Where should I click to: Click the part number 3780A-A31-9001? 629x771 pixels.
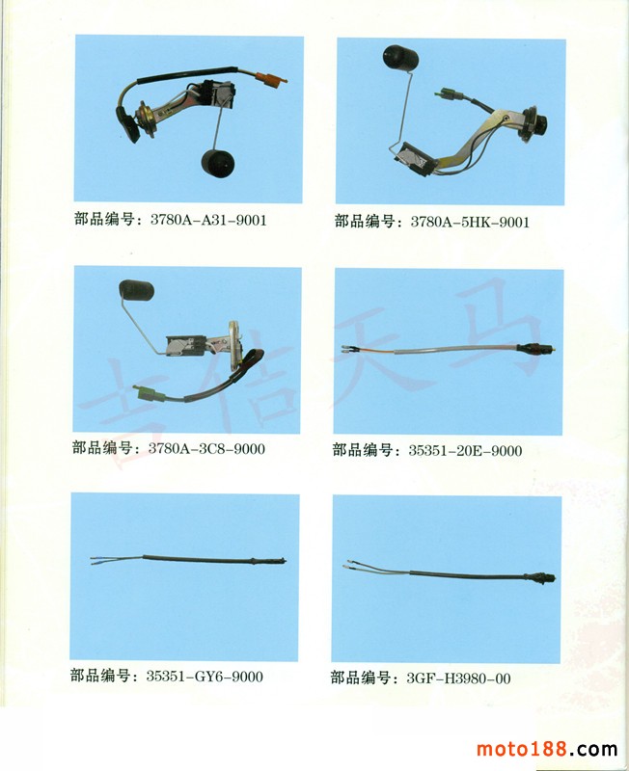point(208,220)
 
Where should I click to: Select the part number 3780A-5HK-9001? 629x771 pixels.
point(470,222)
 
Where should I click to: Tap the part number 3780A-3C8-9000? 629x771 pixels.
point(206,448)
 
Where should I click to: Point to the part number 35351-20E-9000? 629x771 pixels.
point(465,450)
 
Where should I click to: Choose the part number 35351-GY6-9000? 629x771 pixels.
point(205,677)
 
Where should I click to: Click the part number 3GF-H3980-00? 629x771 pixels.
point(458,678)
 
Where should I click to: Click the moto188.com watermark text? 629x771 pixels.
point(547,749)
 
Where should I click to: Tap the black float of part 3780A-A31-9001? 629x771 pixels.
point(218,163)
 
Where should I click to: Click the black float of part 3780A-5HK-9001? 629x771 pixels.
point(400,57)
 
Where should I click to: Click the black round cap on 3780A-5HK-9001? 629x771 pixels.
point(540,125)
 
